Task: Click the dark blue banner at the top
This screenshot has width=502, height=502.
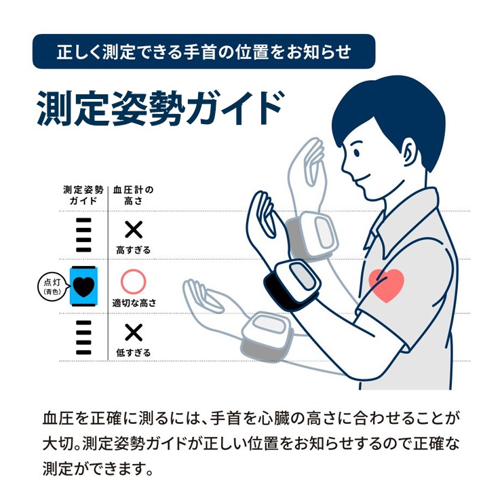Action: pos(204,52)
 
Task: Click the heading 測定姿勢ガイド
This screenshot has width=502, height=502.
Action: pos(160,109)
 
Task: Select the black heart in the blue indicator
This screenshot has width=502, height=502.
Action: pos(83,286)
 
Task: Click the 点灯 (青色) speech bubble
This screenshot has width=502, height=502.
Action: pos(53,287)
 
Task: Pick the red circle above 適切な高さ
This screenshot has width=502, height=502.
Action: pos(133,282)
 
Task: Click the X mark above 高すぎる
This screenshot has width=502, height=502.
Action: pos(134,229)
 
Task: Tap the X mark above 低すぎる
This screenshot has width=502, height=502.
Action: pos(134,332)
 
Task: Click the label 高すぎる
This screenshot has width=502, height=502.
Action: pos(133,250)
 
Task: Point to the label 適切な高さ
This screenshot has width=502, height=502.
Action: pos(134,303)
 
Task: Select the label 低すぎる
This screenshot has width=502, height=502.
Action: pos(133,353)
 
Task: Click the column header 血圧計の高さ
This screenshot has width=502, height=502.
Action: pos(133,195)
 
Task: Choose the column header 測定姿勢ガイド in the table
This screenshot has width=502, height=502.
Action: pos(83,195)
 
